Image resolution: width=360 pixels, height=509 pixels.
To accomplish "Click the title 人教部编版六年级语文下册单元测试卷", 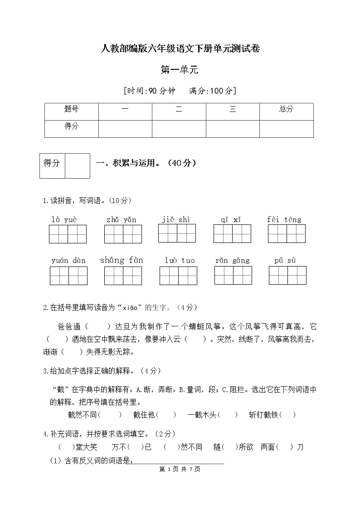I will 180,49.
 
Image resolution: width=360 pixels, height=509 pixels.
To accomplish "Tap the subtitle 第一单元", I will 180,70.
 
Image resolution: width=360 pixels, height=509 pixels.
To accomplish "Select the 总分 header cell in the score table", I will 286,109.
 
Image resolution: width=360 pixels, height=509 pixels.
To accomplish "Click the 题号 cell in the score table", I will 71,109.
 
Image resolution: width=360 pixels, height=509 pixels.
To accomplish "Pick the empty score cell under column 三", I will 233,128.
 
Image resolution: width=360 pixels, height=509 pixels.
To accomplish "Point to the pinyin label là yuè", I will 64,220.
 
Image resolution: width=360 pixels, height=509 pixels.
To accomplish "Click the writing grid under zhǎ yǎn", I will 123,234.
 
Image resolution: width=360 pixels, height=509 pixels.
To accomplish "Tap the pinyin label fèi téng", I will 284,220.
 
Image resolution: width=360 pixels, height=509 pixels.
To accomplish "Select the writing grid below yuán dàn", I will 68,276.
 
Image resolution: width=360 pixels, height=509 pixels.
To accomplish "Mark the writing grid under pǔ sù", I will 287,275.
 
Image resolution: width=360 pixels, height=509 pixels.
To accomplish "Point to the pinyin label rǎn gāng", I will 233,261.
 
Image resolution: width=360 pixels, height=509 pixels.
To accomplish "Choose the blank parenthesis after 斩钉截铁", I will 287,415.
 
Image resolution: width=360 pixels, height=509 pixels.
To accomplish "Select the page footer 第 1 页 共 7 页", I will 180,469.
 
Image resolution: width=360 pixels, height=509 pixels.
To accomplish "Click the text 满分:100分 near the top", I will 212,91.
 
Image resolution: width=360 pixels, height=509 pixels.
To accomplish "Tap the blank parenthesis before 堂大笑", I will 67,447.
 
